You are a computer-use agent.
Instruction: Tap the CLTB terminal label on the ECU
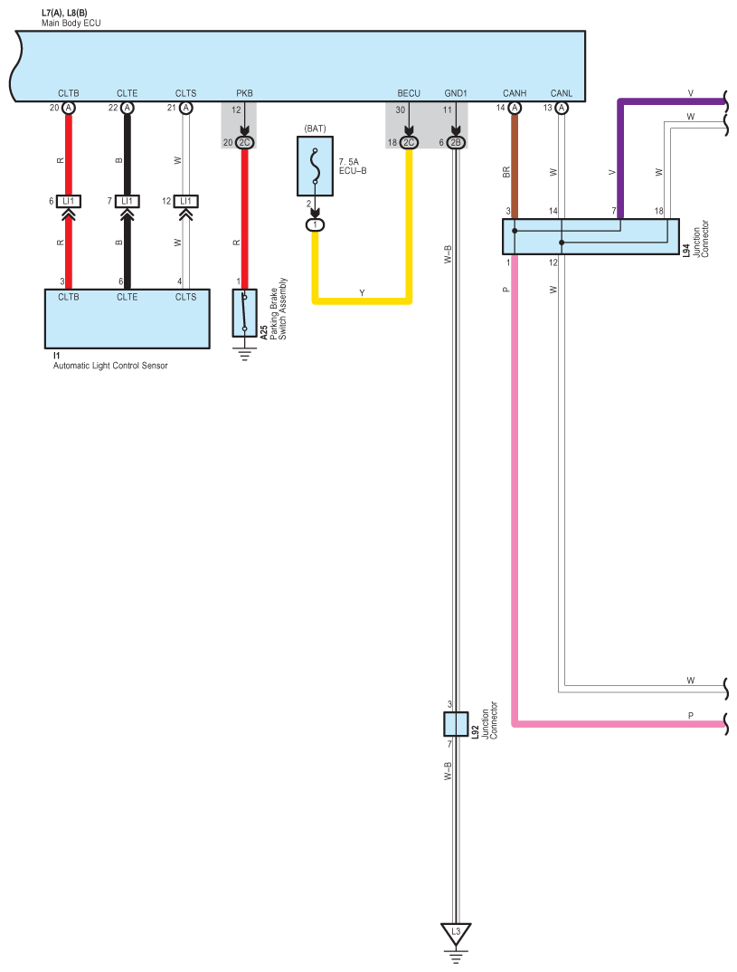(69, 92)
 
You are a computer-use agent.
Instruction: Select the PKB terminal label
(245, 92)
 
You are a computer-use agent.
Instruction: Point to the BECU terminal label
(409, 92)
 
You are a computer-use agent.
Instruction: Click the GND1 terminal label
(456, 92)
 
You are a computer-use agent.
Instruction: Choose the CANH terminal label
(515, 92)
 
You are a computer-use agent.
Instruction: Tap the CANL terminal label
(562, 92)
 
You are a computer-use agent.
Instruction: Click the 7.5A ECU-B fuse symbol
(316, 167)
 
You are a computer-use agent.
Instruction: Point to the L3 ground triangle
(456, 932)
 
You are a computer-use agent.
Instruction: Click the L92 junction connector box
(456, 724)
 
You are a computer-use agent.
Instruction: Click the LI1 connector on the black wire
(127, 201)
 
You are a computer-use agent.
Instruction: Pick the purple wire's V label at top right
(690, 93)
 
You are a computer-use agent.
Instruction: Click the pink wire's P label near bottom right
(690, 715)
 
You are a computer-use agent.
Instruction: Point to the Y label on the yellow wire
(362, 293)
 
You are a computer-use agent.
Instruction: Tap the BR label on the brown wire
(506, 170)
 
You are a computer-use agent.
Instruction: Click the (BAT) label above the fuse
(315, 129)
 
